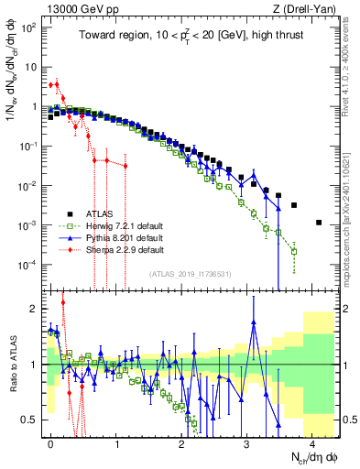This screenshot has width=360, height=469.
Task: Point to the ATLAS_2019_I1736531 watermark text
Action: [x=191, y=274]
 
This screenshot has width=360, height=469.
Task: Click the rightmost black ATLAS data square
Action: [x=318, y=223]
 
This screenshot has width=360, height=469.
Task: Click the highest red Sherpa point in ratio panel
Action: [x=62, y=302]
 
